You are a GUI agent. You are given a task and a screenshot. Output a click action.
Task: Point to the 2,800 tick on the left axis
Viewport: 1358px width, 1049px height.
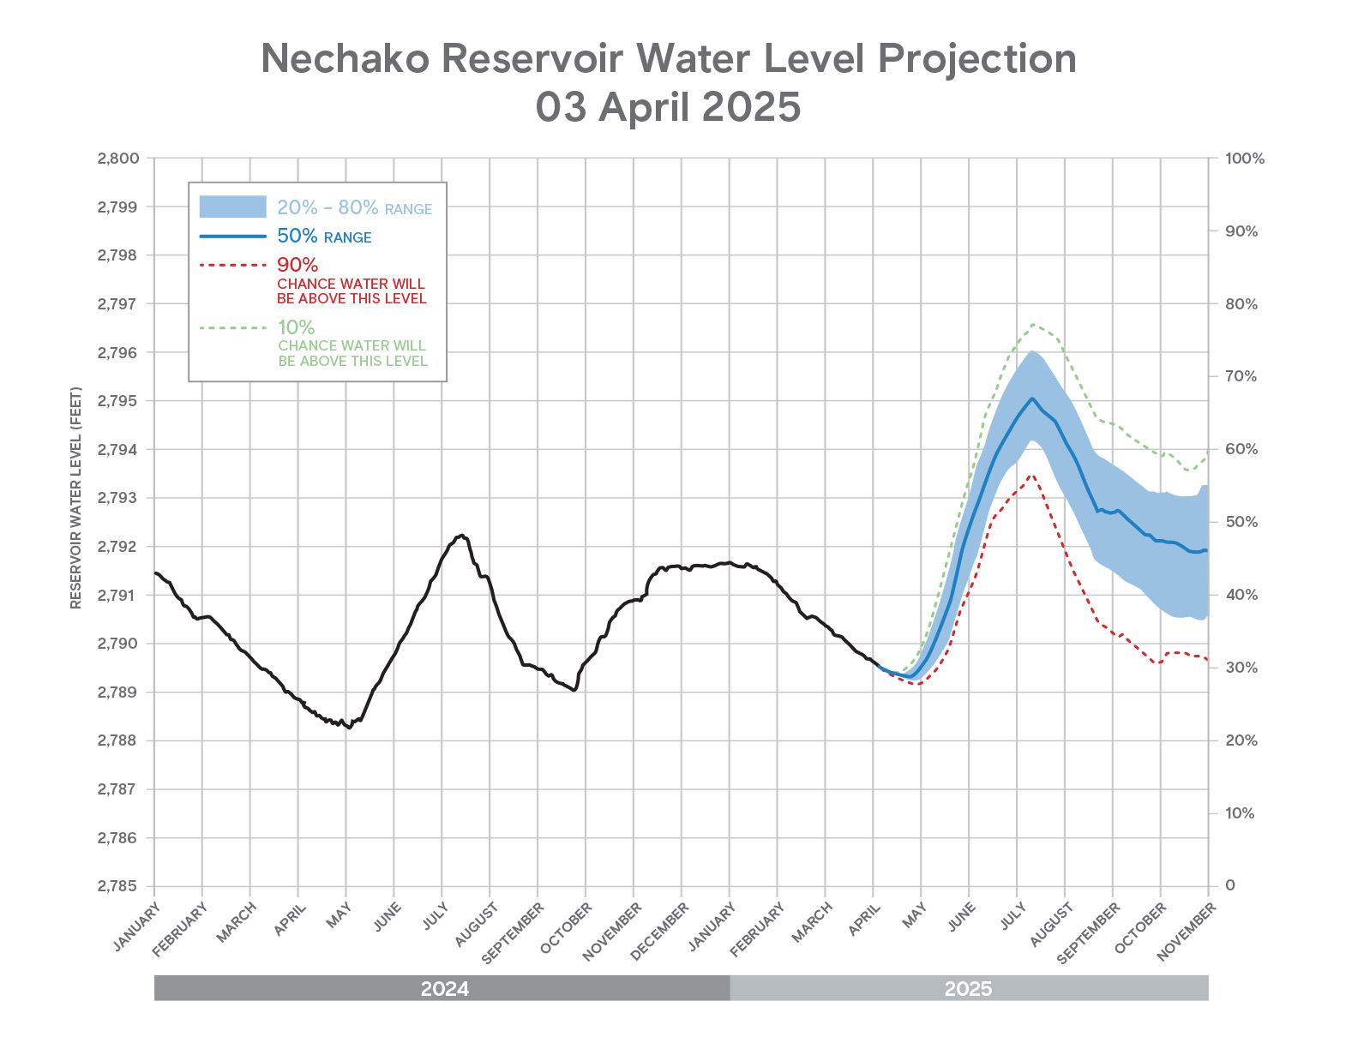[118, 159]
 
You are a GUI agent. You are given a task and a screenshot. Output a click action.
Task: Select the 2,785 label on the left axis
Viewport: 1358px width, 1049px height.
[118, 886]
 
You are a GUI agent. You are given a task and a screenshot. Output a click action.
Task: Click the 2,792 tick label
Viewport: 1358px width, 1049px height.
[118, 547]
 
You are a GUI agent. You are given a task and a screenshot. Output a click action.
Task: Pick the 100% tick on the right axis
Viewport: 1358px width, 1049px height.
[1245, 159]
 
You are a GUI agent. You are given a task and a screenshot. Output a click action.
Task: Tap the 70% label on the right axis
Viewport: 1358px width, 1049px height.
[1241, 376]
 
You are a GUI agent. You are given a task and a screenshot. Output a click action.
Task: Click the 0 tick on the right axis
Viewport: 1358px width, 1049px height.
[1230, 885]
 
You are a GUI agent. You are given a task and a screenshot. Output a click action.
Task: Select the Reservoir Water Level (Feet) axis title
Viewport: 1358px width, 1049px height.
[76, 499]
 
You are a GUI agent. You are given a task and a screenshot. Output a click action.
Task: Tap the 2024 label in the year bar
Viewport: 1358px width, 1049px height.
[444, 989]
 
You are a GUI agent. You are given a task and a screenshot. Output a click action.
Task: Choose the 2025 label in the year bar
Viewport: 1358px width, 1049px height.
[968, 989]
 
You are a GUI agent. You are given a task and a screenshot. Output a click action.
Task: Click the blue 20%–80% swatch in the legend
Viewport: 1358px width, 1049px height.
[232, 207]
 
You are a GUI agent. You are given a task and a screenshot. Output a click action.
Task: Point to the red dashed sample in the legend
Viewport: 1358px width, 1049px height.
[232, 265]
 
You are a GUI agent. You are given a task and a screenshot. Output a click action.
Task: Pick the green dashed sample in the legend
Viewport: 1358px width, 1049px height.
[232, 327]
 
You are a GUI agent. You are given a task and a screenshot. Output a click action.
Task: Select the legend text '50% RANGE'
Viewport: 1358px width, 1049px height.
[324, 237]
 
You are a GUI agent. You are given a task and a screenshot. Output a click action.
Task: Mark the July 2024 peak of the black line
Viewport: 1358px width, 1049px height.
[462, 535]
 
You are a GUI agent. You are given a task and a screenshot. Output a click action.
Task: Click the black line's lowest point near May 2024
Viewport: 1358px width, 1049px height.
[348, 728]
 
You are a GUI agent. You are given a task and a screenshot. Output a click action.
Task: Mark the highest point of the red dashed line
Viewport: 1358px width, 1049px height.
[1031, 474]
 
